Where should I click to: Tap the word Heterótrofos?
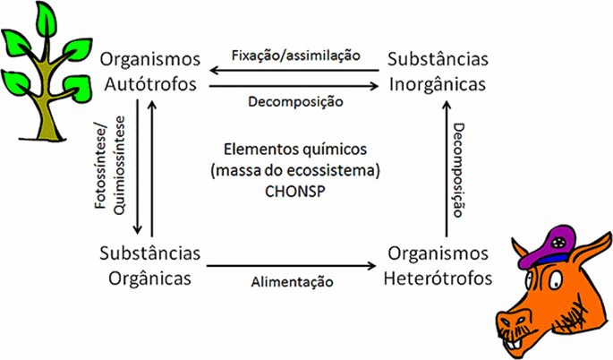[438, 277]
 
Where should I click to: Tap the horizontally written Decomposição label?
[294, 102]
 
